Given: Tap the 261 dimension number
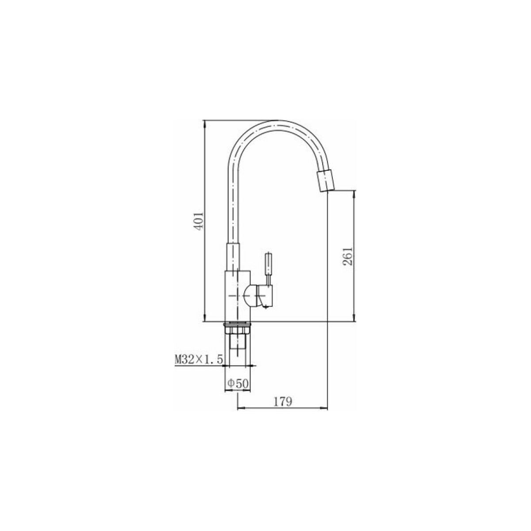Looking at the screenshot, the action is [x=348, y=255].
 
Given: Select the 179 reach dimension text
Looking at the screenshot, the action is [x=283, y=402].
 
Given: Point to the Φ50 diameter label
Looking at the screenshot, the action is [x=238, y=383].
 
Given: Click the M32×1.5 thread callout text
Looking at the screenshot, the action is [x=199, y=359].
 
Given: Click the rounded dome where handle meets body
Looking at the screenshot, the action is [x=250, y=296].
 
